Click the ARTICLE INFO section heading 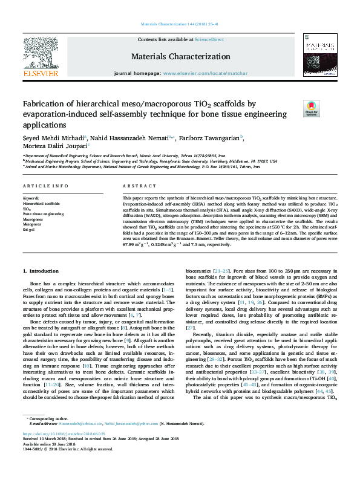(x=45, y=186)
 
